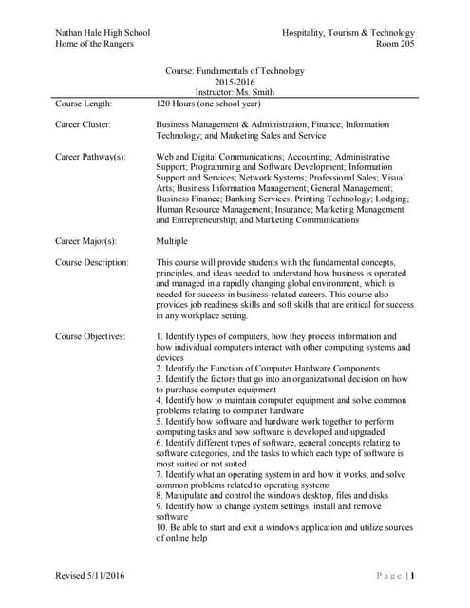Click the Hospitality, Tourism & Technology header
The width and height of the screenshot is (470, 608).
pos(348,33)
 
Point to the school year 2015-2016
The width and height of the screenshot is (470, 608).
pos(235,82)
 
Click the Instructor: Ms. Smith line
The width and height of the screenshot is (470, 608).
pos(235,93)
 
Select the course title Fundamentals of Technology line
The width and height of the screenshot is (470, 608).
pos(235,69)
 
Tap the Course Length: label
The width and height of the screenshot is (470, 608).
pos(85,104)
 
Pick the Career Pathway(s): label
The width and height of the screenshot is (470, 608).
pos(91,156)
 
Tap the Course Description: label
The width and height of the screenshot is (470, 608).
pos(92,262)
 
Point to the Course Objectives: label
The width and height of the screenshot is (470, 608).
pos(90,337)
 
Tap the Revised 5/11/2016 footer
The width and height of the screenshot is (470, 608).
pos(90,575)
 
